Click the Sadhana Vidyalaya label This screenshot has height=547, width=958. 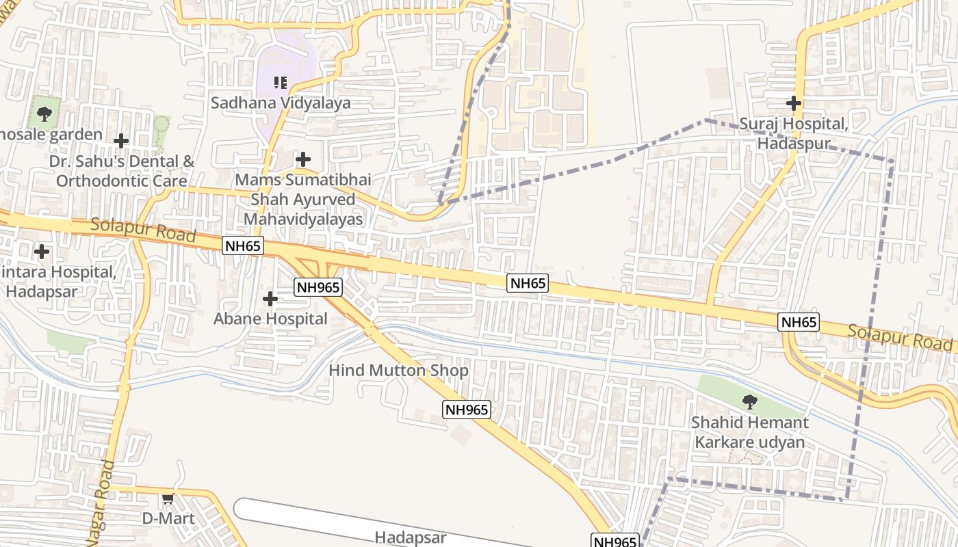[x=281, y=103]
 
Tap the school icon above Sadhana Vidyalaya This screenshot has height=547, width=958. [x=280, y=83]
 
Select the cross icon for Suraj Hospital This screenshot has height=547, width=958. [x=794, y=104]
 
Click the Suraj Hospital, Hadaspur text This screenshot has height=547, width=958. [x=794, y=134]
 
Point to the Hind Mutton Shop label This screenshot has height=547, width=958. [x=398, y=371]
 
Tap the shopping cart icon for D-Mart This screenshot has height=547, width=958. [x=168, y=499]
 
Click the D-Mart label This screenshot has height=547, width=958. [x=168, y=518]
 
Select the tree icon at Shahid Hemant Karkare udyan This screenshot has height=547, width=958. [x=750, y=401]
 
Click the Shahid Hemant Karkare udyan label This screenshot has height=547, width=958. [x=750, y=432]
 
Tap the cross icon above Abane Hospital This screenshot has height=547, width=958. [x=270, y=299]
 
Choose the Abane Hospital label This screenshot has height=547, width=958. [x=270, y=319]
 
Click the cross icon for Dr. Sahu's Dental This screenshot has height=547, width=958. [x=121, y=142]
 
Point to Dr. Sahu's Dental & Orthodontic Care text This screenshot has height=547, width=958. [x=122, y=172]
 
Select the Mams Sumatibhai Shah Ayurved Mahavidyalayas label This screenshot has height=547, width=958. [x=303, y=200]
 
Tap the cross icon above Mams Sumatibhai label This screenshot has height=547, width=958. [x=303, y=160]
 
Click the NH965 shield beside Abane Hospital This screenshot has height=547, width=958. [x=318, y=287]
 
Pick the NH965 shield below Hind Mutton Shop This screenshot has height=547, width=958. [x=467, y=410]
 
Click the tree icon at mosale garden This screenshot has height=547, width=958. [x=44, y=114]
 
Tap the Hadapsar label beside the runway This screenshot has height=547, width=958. [x=411, y=537]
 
